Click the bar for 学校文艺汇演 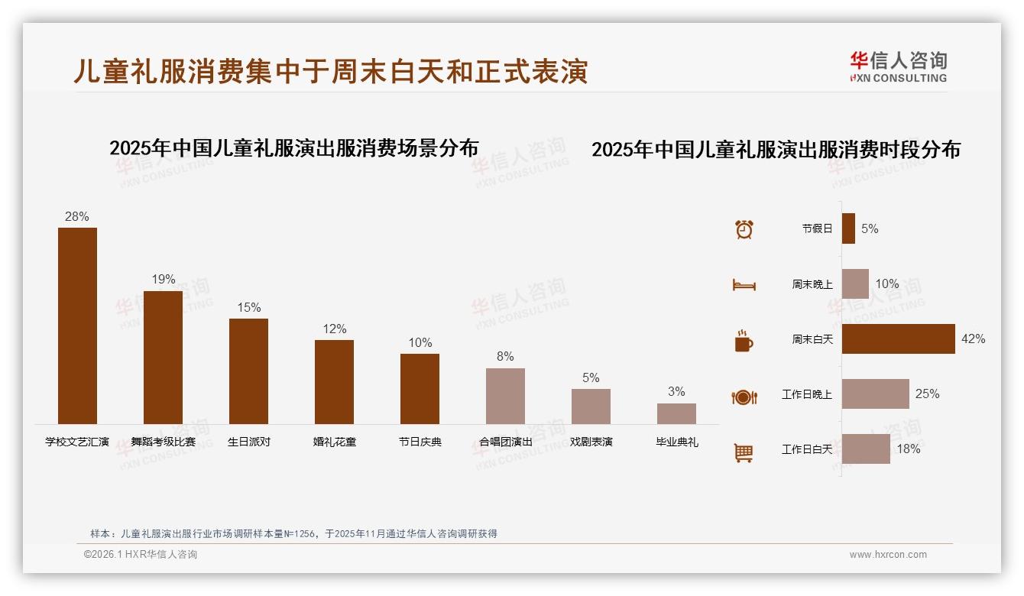77,326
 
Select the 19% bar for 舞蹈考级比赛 163,357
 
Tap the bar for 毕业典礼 676,413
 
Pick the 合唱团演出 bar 505,396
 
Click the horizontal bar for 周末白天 898,338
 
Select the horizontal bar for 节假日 848,228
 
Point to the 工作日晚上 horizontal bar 875,394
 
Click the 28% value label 77,216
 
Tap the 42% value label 973,338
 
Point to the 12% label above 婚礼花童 334,329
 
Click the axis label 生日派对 248,442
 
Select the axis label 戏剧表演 591,442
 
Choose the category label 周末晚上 812,283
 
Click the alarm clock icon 744,228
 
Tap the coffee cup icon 744,341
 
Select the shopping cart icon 744,452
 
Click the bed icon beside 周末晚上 744,285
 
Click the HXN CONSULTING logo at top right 898,66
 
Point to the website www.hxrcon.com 887,555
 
